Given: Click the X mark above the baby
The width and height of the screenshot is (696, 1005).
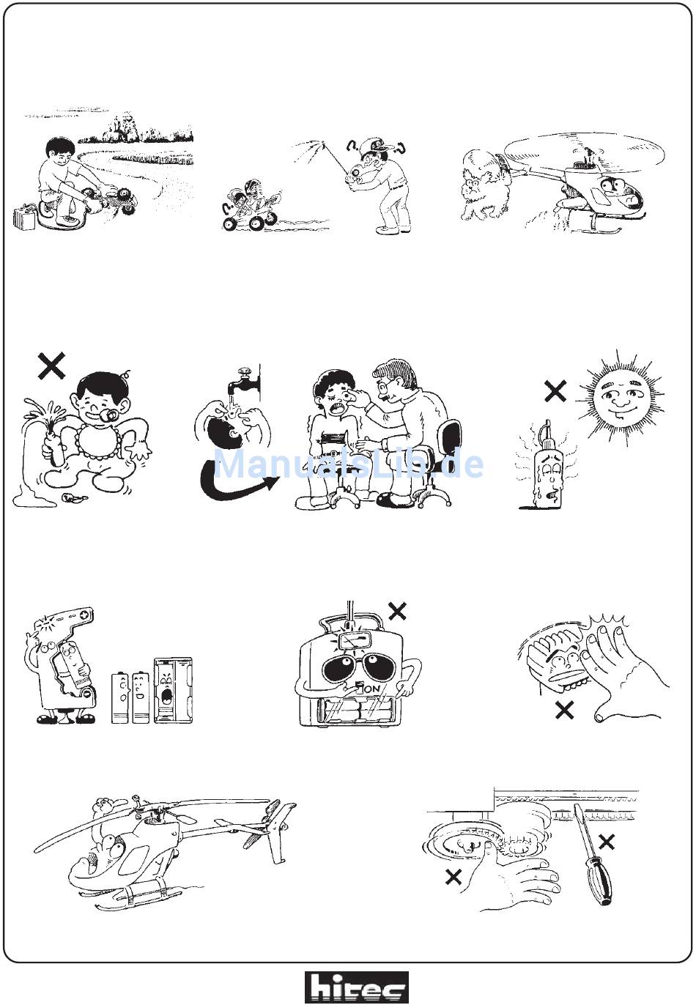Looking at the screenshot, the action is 51,366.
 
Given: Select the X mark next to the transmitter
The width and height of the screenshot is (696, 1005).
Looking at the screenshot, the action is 397,611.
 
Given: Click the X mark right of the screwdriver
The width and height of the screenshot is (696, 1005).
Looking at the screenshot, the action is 606,842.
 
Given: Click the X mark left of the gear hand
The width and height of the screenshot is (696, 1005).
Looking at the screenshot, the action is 453,876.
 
